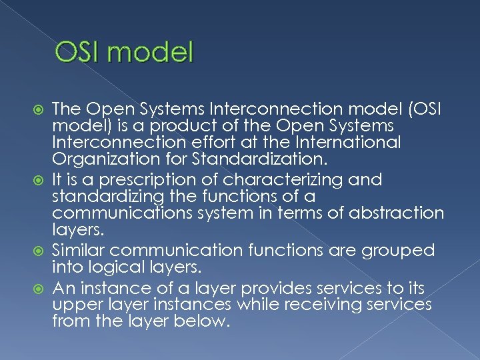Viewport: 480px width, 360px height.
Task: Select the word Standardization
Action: tap(234, 159)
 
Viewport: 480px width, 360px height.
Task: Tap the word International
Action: tap(347, 142)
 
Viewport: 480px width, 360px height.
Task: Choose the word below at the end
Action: tap(203, 321)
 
